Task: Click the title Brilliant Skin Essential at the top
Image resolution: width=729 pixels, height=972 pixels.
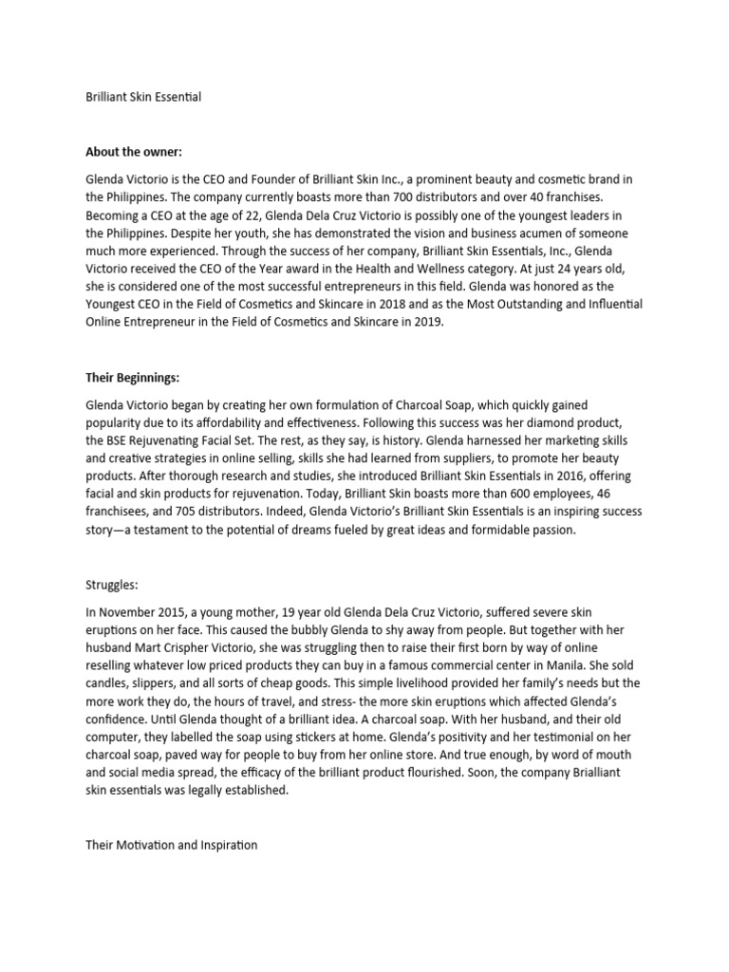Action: pyautogui.click(x=143, y=97)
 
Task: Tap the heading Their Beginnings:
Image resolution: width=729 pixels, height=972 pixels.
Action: pyautogui.click(x=132, y=378)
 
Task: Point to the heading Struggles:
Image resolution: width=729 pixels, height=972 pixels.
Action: pyautogui.click(x=111, y=586)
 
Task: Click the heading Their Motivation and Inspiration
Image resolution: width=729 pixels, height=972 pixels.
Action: pyautogui.click(x=171, y=844)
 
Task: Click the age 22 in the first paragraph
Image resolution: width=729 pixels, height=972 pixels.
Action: pyautogui.click(x=235, y=215)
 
